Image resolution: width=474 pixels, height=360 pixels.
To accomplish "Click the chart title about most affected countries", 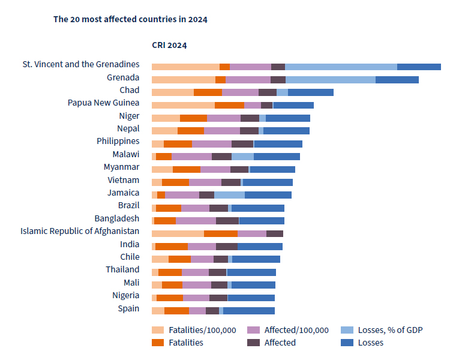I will pos(130,19).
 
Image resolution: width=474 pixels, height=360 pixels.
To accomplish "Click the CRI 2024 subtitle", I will pos(169,45).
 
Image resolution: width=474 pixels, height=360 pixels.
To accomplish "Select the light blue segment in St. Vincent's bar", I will pos(341,67).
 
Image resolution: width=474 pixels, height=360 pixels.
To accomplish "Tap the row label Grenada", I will pos(123,77).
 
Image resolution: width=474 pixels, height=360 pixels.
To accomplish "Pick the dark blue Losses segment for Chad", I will pos(310,92).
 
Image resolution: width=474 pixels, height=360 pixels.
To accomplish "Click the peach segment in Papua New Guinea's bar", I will pos(183,105).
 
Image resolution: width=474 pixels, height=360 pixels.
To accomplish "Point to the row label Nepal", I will pos(128,128).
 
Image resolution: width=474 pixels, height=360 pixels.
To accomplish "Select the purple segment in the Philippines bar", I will pos(211,144).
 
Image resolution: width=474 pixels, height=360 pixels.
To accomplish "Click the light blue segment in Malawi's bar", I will pos(242,157).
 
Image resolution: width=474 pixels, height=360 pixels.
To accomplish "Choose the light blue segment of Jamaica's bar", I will pos(229,195).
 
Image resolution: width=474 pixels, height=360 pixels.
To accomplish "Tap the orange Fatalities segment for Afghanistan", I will pos(220,233).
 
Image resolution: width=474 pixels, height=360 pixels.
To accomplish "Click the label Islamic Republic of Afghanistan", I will pos(80,231).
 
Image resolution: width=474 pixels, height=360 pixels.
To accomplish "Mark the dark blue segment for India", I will pos(260,247).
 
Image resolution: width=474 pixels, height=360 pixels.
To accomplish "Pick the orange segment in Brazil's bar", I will pos(168,208).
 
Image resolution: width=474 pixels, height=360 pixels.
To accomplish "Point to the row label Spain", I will pos(128,308).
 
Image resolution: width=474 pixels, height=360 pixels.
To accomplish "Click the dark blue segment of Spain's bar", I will pos(248,311).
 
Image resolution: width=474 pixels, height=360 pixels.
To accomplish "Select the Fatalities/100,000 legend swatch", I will pos(158,330).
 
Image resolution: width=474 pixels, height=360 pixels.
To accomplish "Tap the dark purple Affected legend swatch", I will pos(253,343).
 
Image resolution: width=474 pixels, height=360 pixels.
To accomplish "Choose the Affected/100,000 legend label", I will pos(296,330).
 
